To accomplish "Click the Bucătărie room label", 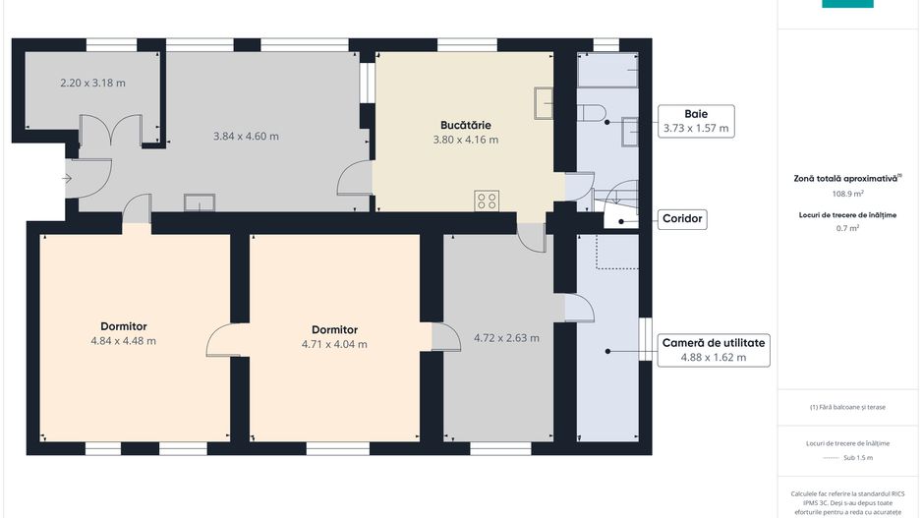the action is [466, 125].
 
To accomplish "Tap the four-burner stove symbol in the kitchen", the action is [487, 201].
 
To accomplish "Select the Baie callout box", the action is [696, 121].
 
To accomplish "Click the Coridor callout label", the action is [682, 219].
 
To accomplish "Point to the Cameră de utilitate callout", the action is [714, 350].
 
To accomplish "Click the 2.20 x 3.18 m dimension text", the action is [93, 83].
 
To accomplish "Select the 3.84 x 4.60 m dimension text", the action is [246, 137].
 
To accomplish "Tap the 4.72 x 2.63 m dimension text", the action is [506, 338].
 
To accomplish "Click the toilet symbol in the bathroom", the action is [592, 113].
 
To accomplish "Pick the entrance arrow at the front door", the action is [67, 178].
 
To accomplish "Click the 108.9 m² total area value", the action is [847, 194].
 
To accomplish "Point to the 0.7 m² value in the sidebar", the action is [847, 228].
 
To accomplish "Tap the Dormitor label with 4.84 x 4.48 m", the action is [124, 326].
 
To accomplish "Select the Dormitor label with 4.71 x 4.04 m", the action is [334, 330].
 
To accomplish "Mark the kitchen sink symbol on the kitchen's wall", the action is [544, 103].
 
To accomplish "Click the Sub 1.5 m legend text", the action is [858, 457].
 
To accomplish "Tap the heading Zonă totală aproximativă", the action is [845, 178].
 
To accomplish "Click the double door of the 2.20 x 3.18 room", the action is [110, 130].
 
